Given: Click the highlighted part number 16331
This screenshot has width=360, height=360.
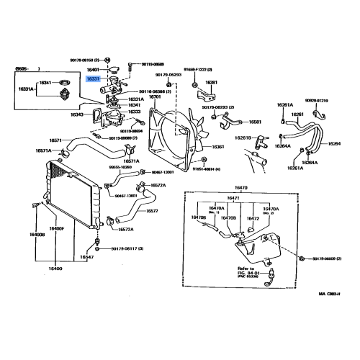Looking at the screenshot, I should [94, 79].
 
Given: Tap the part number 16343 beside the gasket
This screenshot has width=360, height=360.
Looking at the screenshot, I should [78, 114].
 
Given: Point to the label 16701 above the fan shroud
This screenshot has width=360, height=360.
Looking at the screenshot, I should [155, 97].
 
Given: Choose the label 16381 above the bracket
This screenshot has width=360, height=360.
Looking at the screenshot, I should [211, 83].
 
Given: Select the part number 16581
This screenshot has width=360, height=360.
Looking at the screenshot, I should [256, 122].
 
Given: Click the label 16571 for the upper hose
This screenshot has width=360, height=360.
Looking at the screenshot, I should [58, 140].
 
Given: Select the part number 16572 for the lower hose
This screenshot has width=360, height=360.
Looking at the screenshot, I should [153, 211].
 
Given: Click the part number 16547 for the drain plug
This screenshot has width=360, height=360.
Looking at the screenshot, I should [86, 257].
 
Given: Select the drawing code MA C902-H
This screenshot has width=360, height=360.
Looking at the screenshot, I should [333, 294].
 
